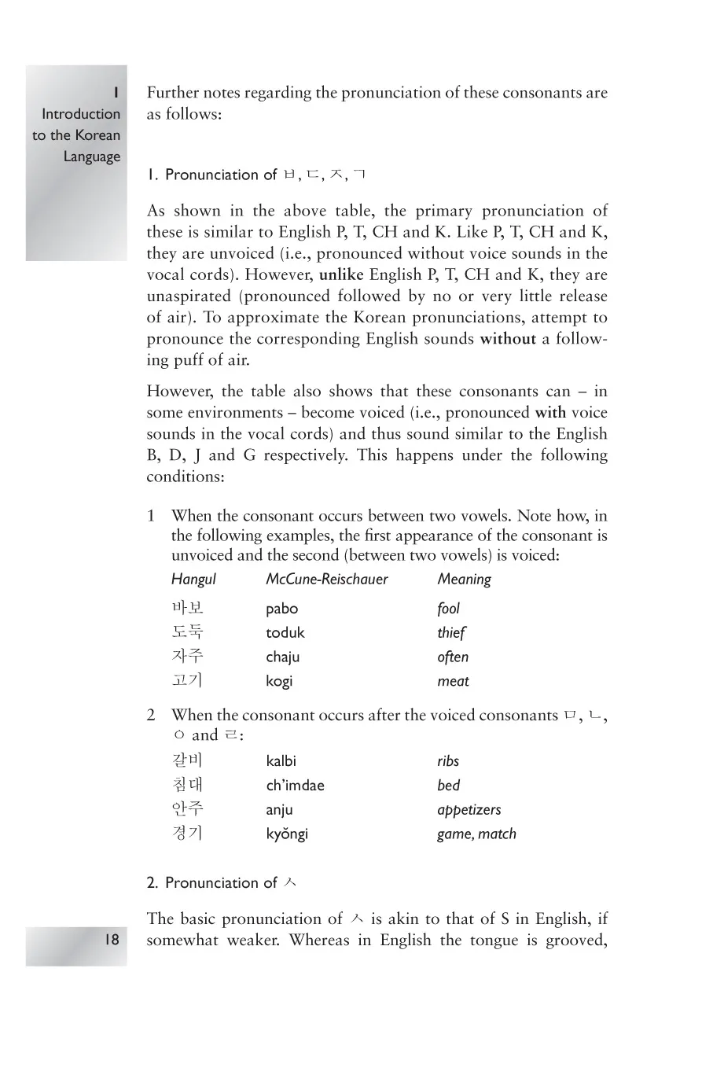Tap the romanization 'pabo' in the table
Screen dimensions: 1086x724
click(x=281, y=609)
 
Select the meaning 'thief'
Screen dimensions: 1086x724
click(x=451, y=633)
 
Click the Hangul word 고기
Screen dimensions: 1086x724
click(x=187, y=680)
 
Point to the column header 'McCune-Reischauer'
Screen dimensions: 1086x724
click(x=327, y=580)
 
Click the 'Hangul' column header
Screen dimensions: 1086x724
click(x=193, y=580)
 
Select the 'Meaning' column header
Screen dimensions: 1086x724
click(x=464, y=580)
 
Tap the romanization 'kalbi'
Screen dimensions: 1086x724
click(x=281, y=761)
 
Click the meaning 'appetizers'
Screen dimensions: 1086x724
click(x=469, y=810)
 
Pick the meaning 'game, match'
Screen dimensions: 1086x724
click(x=476, y=834)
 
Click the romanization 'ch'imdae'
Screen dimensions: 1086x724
click(x=295, y=786)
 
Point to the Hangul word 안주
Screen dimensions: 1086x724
click(x=187, y=808)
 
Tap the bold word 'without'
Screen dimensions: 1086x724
click(x=508, y=339)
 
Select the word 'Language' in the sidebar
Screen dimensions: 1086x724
click(x=92, y=156)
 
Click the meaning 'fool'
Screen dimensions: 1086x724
click(x=448, y=609)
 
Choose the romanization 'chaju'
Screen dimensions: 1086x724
click(x=282, y=657)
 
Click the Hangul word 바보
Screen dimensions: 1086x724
click(x=187, y=608)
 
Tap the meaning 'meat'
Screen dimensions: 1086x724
click(x=453, y=682)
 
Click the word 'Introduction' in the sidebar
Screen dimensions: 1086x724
click(x=81, y=114)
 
